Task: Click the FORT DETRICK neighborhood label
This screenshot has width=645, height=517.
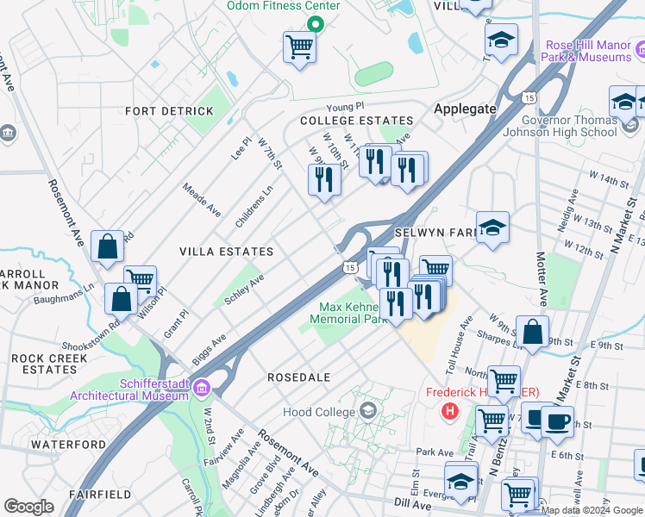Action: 169,111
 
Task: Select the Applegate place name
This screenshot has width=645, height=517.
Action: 466,109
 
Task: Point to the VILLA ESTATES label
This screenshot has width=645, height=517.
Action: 226,252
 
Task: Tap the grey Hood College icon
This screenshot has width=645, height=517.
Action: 369,408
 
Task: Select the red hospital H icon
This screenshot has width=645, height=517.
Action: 448,411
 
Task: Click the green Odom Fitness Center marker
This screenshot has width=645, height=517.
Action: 316,22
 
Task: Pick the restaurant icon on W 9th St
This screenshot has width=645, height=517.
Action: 323,179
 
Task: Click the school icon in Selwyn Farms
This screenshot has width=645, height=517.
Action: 492,227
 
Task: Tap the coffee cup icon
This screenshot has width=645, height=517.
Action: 556,421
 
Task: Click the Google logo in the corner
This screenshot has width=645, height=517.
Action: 28,507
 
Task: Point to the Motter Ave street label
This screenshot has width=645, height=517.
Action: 542,280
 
